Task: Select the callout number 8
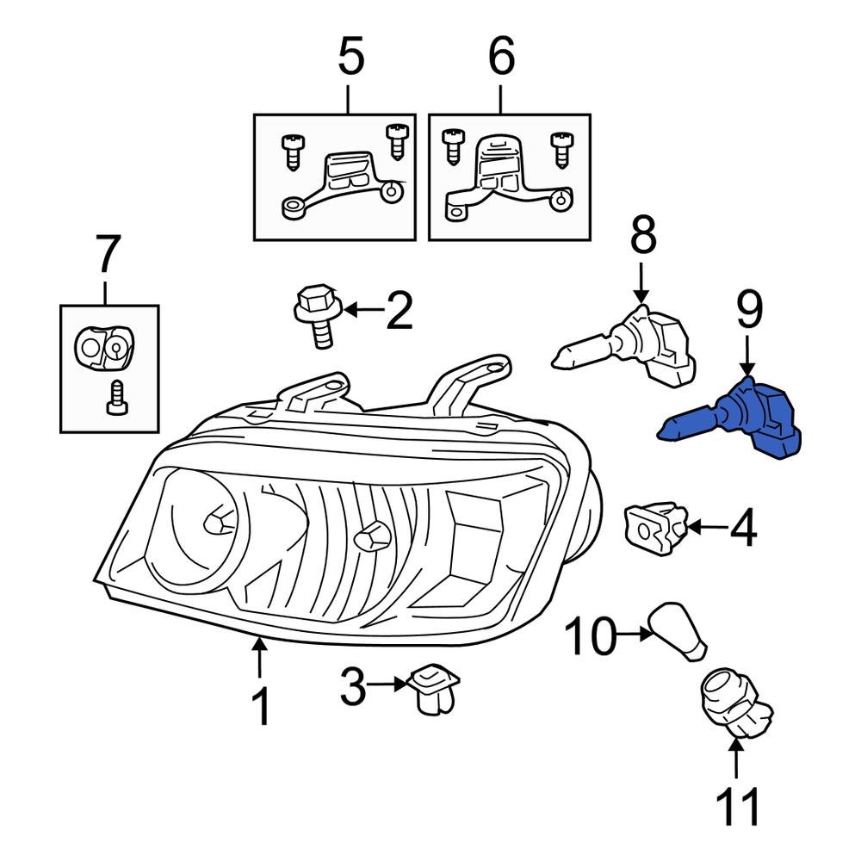pos(643,237)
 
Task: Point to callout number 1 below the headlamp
pos(260,708)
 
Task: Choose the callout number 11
pos(738,808)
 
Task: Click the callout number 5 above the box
pos(350,58)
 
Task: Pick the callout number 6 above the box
pos(501,58)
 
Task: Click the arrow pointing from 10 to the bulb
pos(633,635)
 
